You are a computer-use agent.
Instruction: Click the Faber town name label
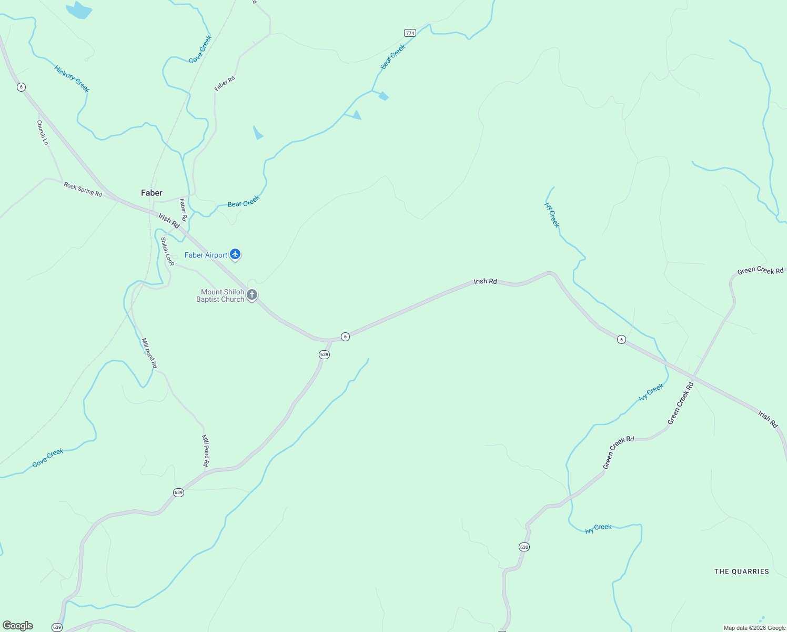point(152,193)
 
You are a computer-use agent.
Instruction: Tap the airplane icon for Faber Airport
point(235,255)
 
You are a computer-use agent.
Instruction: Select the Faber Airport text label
point(206,255)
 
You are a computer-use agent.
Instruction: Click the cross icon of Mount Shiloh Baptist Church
point(252,295)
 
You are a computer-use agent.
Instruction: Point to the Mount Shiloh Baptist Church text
point(220,295)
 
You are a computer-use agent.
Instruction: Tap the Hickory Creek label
point(72,78)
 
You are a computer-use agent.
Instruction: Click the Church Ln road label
point(42,132)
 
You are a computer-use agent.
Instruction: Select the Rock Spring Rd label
point(83,189)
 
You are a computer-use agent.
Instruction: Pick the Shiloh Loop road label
point(167,251)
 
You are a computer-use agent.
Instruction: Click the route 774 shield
point(410,33)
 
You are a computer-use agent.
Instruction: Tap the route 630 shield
point(524,547)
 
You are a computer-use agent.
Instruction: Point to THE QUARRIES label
point(741,571)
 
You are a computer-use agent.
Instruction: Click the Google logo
point(18,626)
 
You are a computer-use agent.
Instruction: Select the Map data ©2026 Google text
point(754,628)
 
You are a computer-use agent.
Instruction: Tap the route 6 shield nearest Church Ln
point(21,87)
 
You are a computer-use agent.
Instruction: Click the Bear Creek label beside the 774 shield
point(394,56)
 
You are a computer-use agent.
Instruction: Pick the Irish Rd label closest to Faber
point(169,221)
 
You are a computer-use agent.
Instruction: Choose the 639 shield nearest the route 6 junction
point(324,354)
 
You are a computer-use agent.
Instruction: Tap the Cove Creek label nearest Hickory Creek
point(200,50)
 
